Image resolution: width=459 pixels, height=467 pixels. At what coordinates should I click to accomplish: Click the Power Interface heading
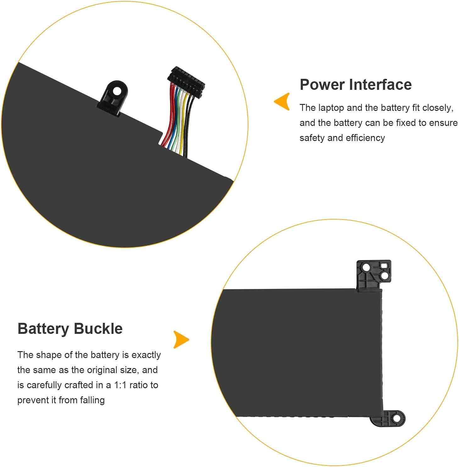tap(356, 85)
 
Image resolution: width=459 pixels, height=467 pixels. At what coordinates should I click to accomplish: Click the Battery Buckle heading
tap(70, 329)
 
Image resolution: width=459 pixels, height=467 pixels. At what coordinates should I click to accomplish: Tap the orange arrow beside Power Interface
tap(282, 101)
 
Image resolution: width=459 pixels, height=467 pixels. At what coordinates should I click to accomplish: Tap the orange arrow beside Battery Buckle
tap(181, 339)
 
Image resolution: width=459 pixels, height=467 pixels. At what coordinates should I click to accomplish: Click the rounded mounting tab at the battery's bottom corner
tap(388, 418)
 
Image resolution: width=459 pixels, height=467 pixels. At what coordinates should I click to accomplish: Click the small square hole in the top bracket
tap(384, 266)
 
